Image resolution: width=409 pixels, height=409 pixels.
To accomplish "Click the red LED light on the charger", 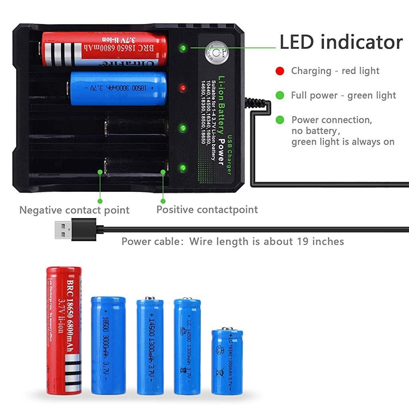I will click(182, 87).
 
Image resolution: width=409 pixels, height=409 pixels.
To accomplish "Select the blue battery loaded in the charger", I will click(118, 88).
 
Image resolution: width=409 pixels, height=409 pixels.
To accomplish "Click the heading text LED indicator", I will click(341, 42).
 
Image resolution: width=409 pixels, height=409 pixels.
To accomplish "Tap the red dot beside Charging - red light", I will click(280, 71).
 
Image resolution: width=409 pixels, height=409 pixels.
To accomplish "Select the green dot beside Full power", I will click(280, 95).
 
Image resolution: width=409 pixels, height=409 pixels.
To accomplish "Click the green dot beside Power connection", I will click(280, 120).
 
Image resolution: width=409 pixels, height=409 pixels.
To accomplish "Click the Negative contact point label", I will click(74, 210).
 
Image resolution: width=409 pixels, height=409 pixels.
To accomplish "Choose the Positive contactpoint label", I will click(207, 210).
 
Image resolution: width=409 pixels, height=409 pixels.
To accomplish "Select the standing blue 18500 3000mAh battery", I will click(108, 345).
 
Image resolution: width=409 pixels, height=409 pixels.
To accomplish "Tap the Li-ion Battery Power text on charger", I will click(221, 120).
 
